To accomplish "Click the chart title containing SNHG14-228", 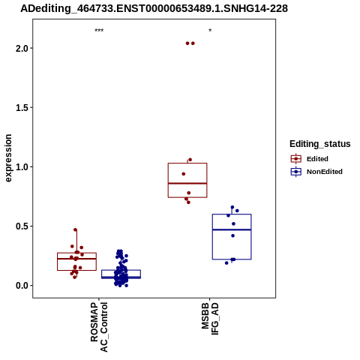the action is point(154,9).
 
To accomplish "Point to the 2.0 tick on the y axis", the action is point(22,48).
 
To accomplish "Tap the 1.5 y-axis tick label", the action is point(22,108).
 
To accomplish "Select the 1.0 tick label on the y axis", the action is point(22,167).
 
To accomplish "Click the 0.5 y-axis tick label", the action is point(22,226).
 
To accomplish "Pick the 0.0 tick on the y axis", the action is point(22,286).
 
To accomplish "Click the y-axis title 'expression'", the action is point(8,158).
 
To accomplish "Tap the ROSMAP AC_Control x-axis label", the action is point(99,327).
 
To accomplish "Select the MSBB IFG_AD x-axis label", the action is point(210,319).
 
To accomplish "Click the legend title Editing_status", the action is point(320,144).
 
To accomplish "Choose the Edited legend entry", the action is point(309,159).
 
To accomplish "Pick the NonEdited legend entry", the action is point(316,172).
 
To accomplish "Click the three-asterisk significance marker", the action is point(99,31).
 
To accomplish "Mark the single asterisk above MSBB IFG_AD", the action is point(210,31).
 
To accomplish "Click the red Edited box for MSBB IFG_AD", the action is point(187,163).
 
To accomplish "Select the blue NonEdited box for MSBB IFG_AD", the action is point(232,214).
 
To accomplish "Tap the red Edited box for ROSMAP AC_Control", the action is point(76,253).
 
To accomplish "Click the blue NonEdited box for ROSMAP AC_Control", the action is point(121,270).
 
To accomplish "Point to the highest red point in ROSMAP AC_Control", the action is point(75,229).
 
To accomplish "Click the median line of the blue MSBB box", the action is point(232,229).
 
